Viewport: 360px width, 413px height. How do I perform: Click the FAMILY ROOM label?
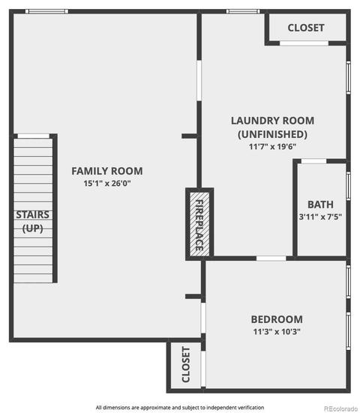click(x=107, y=171)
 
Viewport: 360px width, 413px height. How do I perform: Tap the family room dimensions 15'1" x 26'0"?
click(x=107, y=183)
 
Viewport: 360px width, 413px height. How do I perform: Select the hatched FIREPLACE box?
click(x=199, y=224)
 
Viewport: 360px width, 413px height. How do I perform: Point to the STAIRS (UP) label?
click(x=33, y=222)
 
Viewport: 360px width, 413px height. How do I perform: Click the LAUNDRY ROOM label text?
click(x=272, y=121)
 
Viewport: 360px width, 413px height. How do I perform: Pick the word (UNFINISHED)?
click(x=272, y=134)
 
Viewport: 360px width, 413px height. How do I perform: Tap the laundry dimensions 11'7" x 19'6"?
click(x=272, y=146)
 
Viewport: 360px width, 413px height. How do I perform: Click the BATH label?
click(x=320, y=205)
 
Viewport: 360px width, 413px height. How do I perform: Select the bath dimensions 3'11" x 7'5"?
click(x=320, y=217)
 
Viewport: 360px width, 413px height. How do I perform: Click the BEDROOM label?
click(x=277, y=319)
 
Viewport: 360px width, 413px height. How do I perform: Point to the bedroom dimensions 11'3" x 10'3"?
click(x=277, y=331)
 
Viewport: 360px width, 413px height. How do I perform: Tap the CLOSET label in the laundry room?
click(x=306, y=28)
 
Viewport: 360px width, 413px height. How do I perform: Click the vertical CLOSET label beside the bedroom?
click(x=186, y=364)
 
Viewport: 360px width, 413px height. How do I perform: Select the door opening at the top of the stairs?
click(x=34, y=136)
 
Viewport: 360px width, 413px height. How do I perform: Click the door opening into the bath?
click(x=313, y=161)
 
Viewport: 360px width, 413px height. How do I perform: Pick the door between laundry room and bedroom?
click(x=271, y=258)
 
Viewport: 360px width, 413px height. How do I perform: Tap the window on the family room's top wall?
click(x=47, y=11)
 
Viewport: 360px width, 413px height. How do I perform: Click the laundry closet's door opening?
click(x=304, y=43)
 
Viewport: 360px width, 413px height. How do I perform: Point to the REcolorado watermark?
click(x=340, y=409)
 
